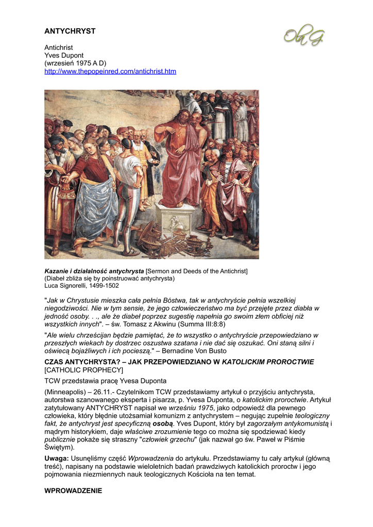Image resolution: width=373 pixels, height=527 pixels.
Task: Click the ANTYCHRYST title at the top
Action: coord(70,31)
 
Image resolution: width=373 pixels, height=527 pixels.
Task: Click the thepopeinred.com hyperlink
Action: coord(110,72)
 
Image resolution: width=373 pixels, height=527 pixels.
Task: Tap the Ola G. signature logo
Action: coord(304,34)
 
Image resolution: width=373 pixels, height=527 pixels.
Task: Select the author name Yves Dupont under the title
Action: coord(64,55)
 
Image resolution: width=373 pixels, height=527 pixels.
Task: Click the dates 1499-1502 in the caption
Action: coord(104,286)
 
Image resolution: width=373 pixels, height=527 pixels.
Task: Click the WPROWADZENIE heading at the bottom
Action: coord(73,491)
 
